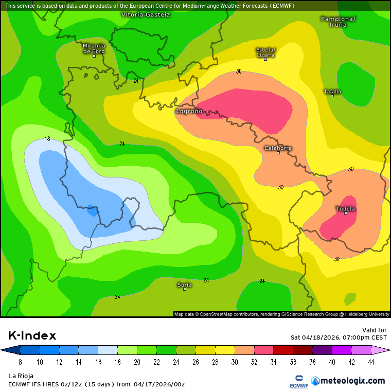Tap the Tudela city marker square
pos(346,214)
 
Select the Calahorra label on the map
pos(278,148)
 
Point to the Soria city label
pos(184,285)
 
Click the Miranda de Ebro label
pos(94,48)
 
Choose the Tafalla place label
pos(332,92)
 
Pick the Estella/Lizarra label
pos(265,52)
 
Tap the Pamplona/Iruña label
pos(337,22)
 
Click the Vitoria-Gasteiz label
pos(146,15)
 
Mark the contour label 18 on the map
pos(47,139)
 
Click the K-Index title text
pos(32,336)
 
